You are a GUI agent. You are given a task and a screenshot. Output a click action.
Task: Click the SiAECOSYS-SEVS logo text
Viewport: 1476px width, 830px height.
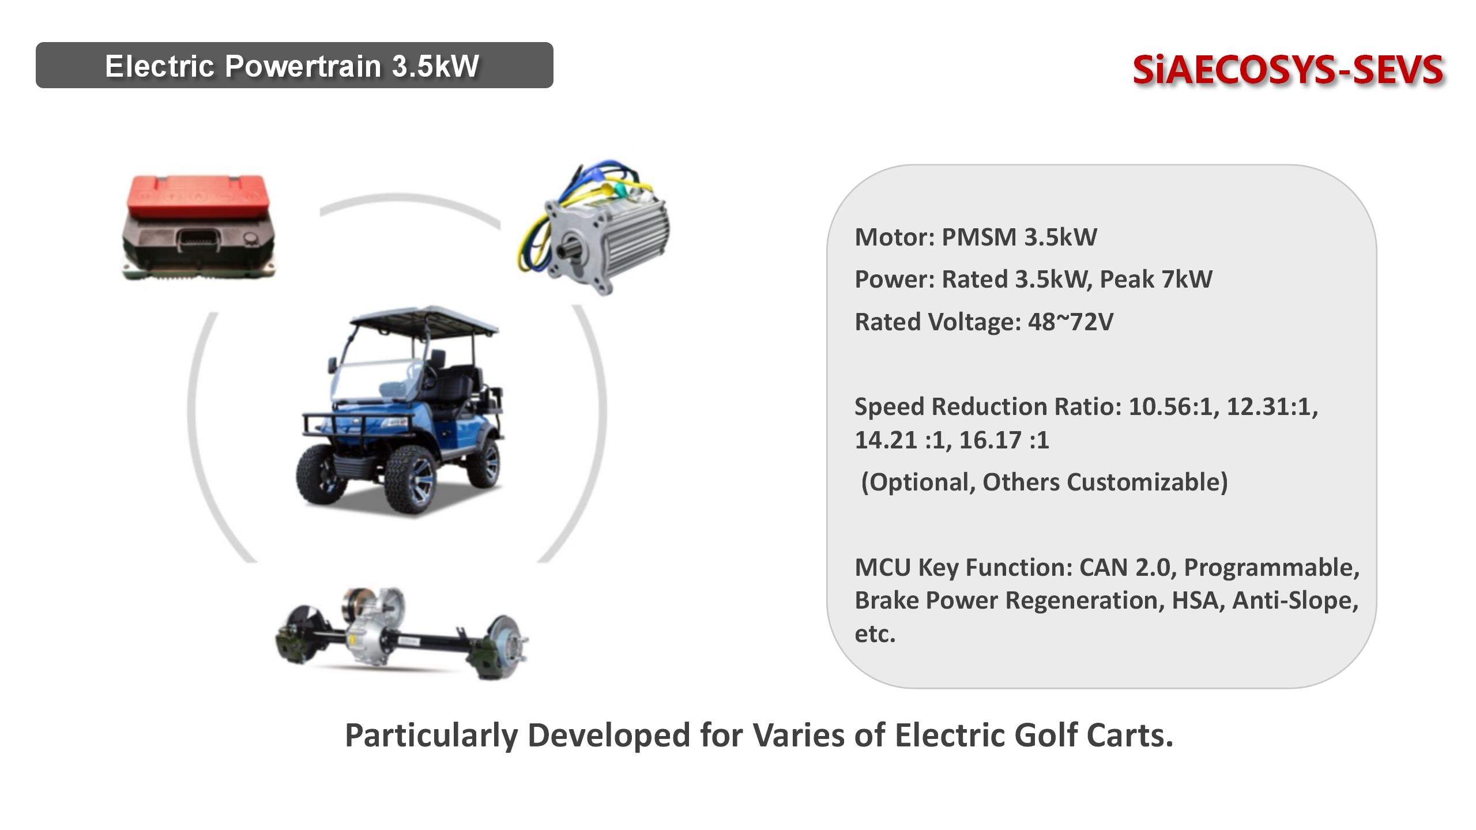pos(1287,70)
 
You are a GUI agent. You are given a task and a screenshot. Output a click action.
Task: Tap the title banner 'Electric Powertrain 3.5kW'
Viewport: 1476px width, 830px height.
pos(294,65)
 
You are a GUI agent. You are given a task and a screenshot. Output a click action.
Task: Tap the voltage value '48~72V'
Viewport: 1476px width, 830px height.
pos(1071,322)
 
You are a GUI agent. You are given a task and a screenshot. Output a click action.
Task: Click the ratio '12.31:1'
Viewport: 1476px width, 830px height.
pos(1272,407)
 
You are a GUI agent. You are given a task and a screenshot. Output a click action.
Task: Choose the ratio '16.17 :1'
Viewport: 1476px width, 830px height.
pos(1004,440)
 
